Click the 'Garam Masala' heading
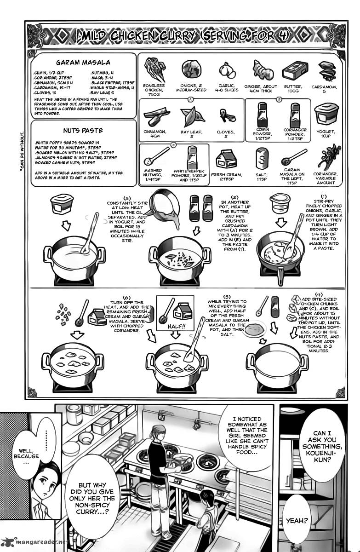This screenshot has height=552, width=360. point(83,63)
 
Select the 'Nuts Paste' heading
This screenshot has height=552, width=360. point(83,130)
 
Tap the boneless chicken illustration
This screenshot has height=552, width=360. point(154,70)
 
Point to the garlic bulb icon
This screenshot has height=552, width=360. point(227,70)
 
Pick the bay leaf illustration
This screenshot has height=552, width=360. point(192,116)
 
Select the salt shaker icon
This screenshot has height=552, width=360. point(262,160)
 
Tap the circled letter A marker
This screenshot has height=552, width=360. point(190,99)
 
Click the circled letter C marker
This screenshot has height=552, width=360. point(173,145)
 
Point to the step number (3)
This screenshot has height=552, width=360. point(127,198)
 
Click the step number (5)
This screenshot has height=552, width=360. point(227,297)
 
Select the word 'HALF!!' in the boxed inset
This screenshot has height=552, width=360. point(176,327)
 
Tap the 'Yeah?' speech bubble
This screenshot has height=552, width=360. point(297,521)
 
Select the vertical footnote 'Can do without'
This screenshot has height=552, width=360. point(22,151)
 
